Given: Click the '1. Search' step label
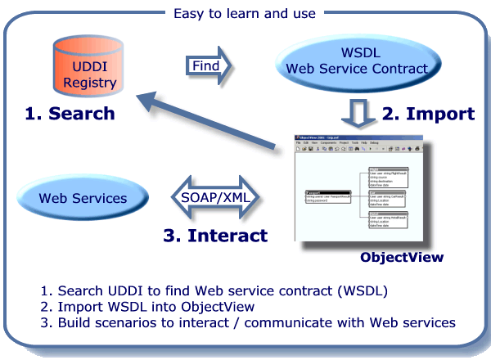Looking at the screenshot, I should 70,114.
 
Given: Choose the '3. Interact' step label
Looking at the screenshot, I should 214,236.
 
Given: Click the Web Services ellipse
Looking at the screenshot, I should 83,198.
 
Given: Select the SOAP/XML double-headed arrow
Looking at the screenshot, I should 215,198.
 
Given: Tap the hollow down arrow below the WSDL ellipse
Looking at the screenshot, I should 357,110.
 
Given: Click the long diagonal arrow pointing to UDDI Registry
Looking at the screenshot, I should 213,123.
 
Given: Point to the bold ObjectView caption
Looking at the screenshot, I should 402,257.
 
